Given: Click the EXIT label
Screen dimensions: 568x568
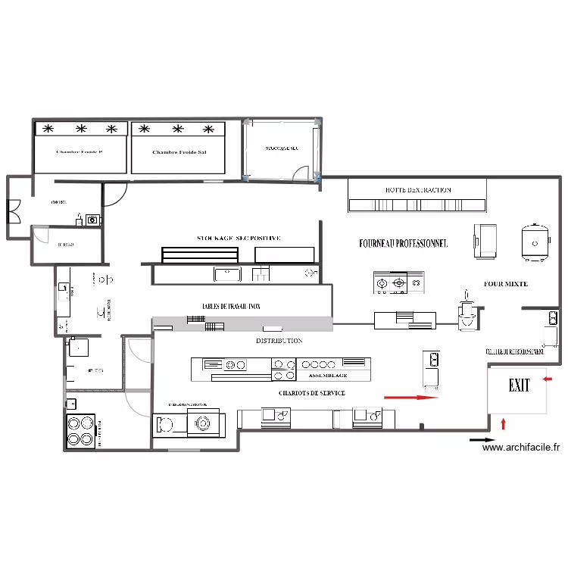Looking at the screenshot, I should pyautogui.click(x=519, y=386).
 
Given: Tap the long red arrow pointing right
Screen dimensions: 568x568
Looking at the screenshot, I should pyautogui.click(x=411, y=396).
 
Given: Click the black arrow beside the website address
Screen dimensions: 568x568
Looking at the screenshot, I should pyautogui.click(x=482, y=439).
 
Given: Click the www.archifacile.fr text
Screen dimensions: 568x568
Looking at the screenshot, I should pyautogui.click(x=521, y=448).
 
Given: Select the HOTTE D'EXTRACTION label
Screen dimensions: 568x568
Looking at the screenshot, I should pyautogui.click(x=418, y=190).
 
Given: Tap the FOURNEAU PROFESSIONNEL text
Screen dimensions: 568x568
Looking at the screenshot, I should pyautogui.click(x=404, y=244).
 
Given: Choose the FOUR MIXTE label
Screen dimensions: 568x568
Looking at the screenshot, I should pyautogui.click(x=506, y=284).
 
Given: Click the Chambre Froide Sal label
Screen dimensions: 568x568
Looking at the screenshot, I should pyautogui.click(x=179, y=152).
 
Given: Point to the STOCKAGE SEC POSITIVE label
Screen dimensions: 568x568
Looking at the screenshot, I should pyautogui.click(x=239, y=238).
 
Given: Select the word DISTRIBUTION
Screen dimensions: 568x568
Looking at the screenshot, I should pyautogui.click(x=279, y=341).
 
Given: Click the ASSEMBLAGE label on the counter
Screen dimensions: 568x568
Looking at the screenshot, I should pyautogui.click(x=327, y=375).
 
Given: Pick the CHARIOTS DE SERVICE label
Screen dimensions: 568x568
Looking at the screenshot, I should pyautogui.click(x=311, y=393).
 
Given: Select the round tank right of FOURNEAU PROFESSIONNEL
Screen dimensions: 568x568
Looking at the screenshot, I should pyautogui.click(x=535, y=241).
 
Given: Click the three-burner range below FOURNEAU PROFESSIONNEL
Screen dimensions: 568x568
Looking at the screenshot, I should pyautogui.click(x=399, y=282).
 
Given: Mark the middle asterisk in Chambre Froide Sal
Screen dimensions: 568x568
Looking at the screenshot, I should pyautogui.click(x=179, y=129).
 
